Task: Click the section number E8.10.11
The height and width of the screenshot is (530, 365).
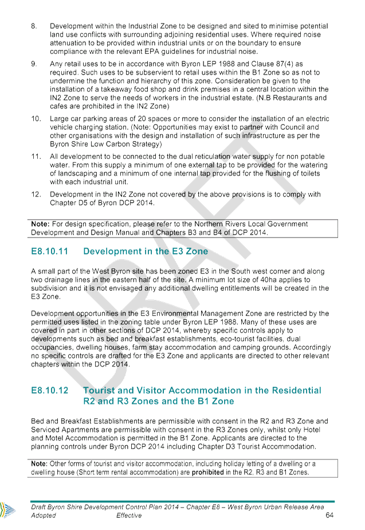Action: pos(50,251)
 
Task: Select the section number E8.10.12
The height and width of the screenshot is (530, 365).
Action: pos(50,391)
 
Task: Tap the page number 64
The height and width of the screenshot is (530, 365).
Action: pos(329,515)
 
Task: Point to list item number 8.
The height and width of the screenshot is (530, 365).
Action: pos(34,26)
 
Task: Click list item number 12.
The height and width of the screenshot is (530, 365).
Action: pos(36,194)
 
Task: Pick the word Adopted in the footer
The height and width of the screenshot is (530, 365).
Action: pos(43,516)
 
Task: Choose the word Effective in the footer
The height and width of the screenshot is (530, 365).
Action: pos(129,516)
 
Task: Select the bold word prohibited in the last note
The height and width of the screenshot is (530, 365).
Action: pos(207,472)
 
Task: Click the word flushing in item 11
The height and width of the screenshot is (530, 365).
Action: pos(277,173)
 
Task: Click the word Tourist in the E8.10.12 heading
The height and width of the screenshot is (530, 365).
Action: pos(99,391)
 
